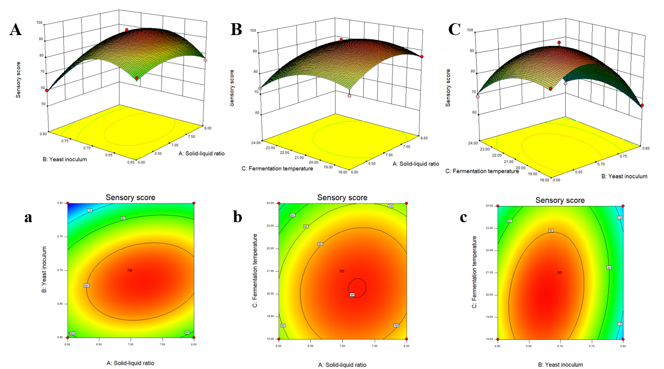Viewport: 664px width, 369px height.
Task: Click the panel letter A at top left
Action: point(16,30)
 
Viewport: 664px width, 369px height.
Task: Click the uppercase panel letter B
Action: point(236,29)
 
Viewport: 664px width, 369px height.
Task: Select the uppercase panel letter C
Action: point(455,29)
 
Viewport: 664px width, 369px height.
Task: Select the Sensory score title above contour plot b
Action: point(342,198)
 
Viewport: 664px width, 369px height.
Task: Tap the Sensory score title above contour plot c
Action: point(560,200)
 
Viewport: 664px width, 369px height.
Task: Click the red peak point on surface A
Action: point(127,30)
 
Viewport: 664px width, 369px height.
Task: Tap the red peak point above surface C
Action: point(559,42)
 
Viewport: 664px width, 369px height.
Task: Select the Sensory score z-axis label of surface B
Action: point(233,88)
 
